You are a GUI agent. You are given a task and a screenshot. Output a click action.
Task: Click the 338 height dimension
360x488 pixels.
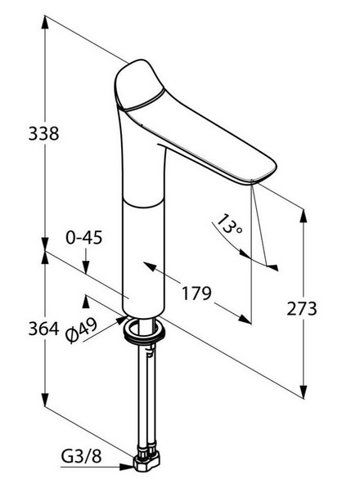coord(43,133)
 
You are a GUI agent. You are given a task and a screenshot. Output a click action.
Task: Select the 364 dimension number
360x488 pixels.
coord(43,329)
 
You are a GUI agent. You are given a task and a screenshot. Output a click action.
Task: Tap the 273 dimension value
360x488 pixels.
coord(302,309)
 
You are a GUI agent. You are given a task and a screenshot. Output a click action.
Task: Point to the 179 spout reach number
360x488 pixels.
coord(196,293)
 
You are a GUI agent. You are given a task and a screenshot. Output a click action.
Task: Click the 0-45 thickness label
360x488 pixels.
coord(84,238)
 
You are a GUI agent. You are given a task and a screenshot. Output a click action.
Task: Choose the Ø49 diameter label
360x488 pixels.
coord(82,330)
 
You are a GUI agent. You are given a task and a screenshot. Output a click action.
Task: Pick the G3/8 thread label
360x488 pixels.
coord(81,457)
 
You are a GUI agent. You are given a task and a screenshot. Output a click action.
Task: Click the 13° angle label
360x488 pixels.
coord(229,224)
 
